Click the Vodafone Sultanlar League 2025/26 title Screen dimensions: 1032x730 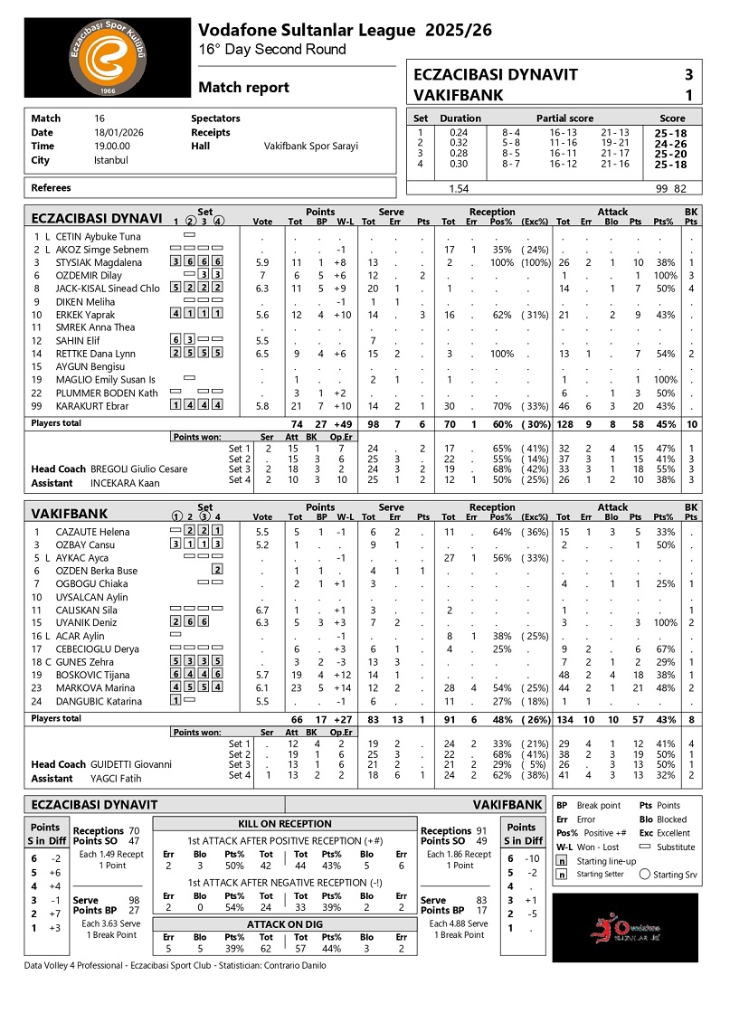346,30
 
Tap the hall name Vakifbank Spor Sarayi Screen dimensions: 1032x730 310,146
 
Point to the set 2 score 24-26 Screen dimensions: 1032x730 671,143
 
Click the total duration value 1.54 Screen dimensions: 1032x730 460,189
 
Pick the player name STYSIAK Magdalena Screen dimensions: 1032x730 99,262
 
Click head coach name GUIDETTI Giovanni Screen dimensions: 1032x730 131,764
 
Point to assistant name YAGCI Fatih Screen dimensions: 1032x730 116,778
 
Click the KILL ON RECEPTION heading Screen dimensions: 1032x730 284,824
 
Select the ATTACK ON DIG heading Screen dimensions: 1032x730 284,924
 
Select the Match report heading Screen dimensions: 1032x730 243,87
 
